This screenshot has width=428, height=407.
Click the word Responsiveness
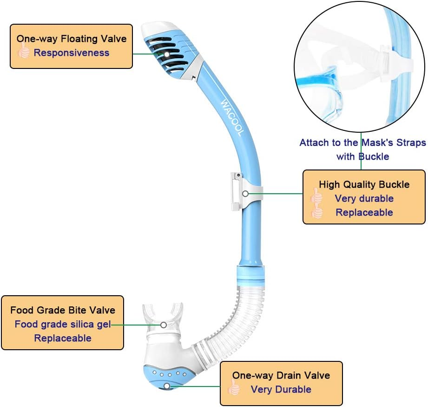71,53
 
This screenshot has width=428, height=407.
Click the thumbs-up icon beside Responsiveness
24,51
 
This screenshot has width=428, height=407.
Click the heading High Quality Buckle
364,184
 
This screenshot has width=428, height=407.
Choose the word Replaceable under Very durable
364,212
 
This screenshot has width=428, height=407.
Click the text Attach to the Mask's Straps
362,142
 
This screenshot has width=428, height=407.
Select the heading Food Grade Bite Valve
63,310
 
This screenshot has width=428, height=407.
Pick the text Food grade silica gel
63,324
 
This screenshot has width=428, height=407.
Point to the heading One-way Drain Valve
281,375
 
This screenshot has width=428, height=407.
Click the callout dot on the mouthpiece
164,325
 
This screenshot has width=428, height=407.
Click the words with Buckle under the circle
362,156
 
